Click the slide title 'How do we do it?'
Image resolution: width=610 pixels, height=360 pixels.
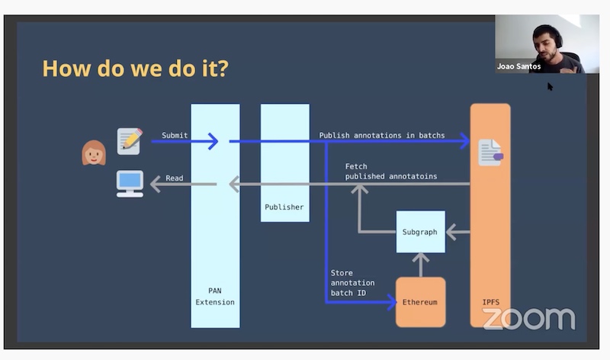click(x=135, y=69)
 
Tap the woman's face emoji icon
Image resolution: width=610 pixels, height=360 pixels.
click(x=94, y=153)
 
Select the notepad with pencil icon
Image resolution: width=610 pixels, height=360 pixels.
click(x=130, y=141)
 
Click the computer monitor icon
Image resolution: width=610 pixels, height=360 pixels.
click(x=130, y=183)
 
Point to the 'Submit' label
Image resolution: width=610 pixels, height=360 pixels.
click(x=175, y=135)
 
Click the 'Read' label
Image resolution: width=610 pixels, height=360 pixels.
click(x=175, y=178)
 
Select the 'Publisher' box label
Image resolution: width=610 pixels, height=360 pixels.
click(x=284, y=207)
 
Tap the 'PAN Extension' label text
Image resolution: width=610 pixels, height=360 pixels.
click(x=214, y=296)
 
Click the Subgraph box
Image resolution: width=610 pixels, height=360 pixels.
click(x=420, y=231)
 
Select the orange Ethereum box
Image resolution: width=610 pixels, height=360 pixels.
click(x=420, y=302)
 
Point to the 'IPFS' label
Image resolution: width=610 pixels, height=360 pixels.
click(x=490, y=302)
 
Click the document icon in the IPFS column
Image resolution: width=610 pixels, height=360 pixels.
click(x=490, y=153)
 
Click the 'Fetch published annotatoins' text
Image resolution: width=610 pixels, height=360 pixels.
click(x=390, y=171)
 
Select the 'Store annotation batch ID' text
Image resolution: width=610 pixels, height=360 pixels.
click(x=352, y=283)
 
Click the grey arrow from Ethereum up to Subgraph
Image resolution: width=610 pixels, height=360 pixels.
click(x=420, y=265)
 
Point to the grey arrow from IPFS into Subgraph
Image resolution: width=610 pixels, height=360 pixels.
click(x=457, y=231)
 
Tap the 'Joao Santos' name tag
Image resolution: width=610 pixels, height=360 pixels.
click(x=518, y=66)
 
